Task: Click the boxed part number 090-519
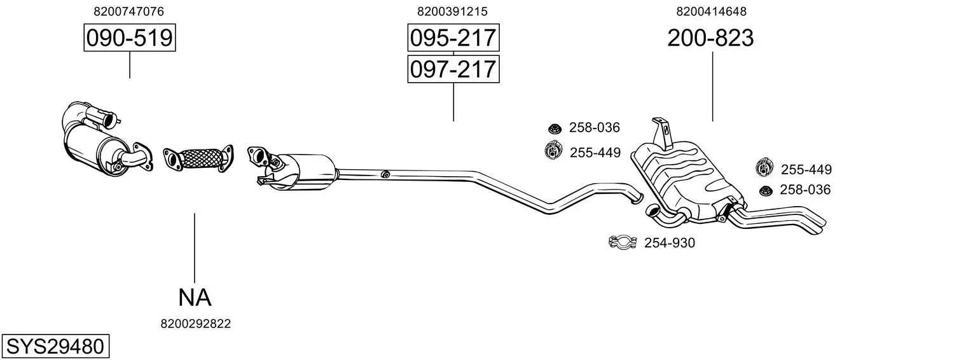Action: (130, 38)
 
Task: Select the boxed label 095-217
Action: (453, 38)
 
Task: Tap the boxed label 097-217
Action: (453, 69)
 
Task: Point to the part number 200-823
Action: (710, 38)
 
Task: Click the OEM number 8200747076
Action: (128, 11)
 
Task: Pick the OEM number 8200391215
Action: (452, 11)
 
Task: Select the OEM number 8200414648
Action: (711, 11)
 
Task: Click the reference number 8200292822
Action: (195, 324)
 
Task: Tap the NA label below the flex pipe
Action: (195, 298)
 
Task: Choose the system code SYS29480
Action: (55, 346)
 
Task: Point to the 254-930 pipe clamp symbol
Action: (623, 242)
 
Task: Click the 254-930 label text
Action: (670, 243)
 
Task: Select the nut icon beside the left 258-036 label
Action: (554, 128)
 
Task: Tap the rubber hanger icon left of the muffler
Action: (552, 151)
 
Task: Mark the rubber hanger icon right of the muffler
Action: (764, 168)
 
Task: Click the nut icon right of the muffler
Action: (766, 190)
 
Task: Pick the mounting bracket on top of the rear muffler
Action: (662, 132)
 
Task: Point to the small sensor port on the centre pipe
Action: (384, 174)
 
